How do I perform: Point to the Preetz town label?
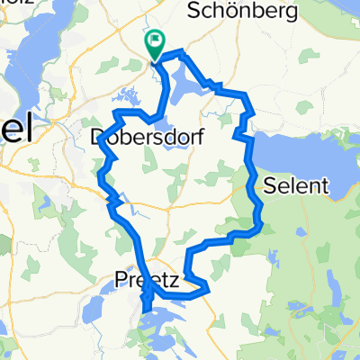pos(148,281)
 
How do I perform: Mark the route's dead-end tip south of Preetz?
pos(145,314)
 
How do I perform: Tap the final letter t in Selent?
pos(328,186)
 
